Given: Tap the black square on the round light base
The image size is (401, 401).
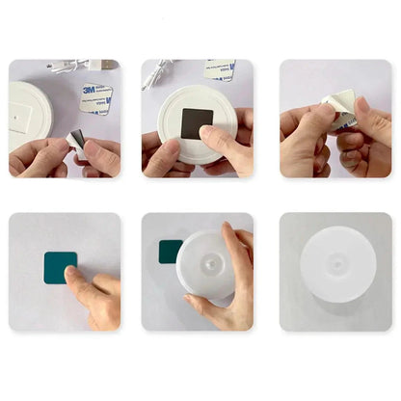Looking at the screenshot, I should click(x=198, y=123).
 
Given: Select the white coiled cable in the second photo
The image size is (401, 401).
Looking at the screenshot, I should click(x=155, y=73).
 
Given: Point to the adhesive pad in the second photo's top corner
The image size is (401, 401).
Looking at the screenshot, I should click(x=221, y=70).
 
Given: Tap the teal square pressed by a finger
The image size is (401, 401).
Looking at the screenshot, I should click(x=60, y=266).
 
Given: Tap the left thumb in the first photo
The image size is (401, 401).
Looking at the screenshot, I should click(x=39, y=157).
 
